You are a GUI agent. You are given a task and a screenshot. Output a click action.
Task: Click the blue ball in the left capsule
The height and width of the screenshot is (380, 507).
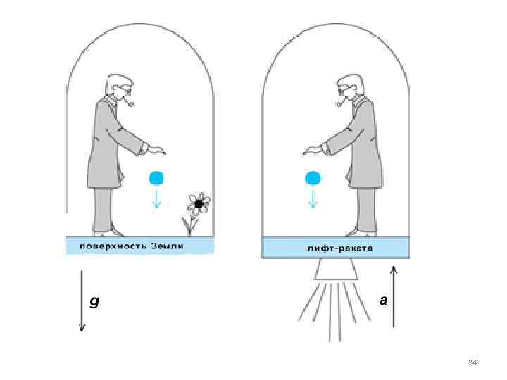point(156,177)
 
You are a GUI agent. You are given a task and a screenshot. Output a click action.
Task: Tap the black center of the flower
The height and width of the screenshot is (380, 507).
point(199,204)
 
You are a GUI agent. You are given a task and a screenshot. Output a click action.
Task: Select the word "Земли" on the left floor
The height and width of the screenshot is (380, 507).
point(167,246)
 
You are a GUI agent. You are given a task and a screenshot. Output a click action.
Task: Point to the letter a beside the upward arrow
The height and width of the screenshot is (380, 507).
point(383,300)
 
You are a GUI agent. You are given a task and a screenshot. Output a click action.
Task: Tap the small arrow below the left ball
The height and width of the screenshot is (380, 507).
point(156,199)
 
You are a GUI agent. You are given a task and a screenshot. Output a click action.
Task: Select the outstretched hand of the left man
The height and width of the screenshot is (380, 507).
point(156,149)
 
